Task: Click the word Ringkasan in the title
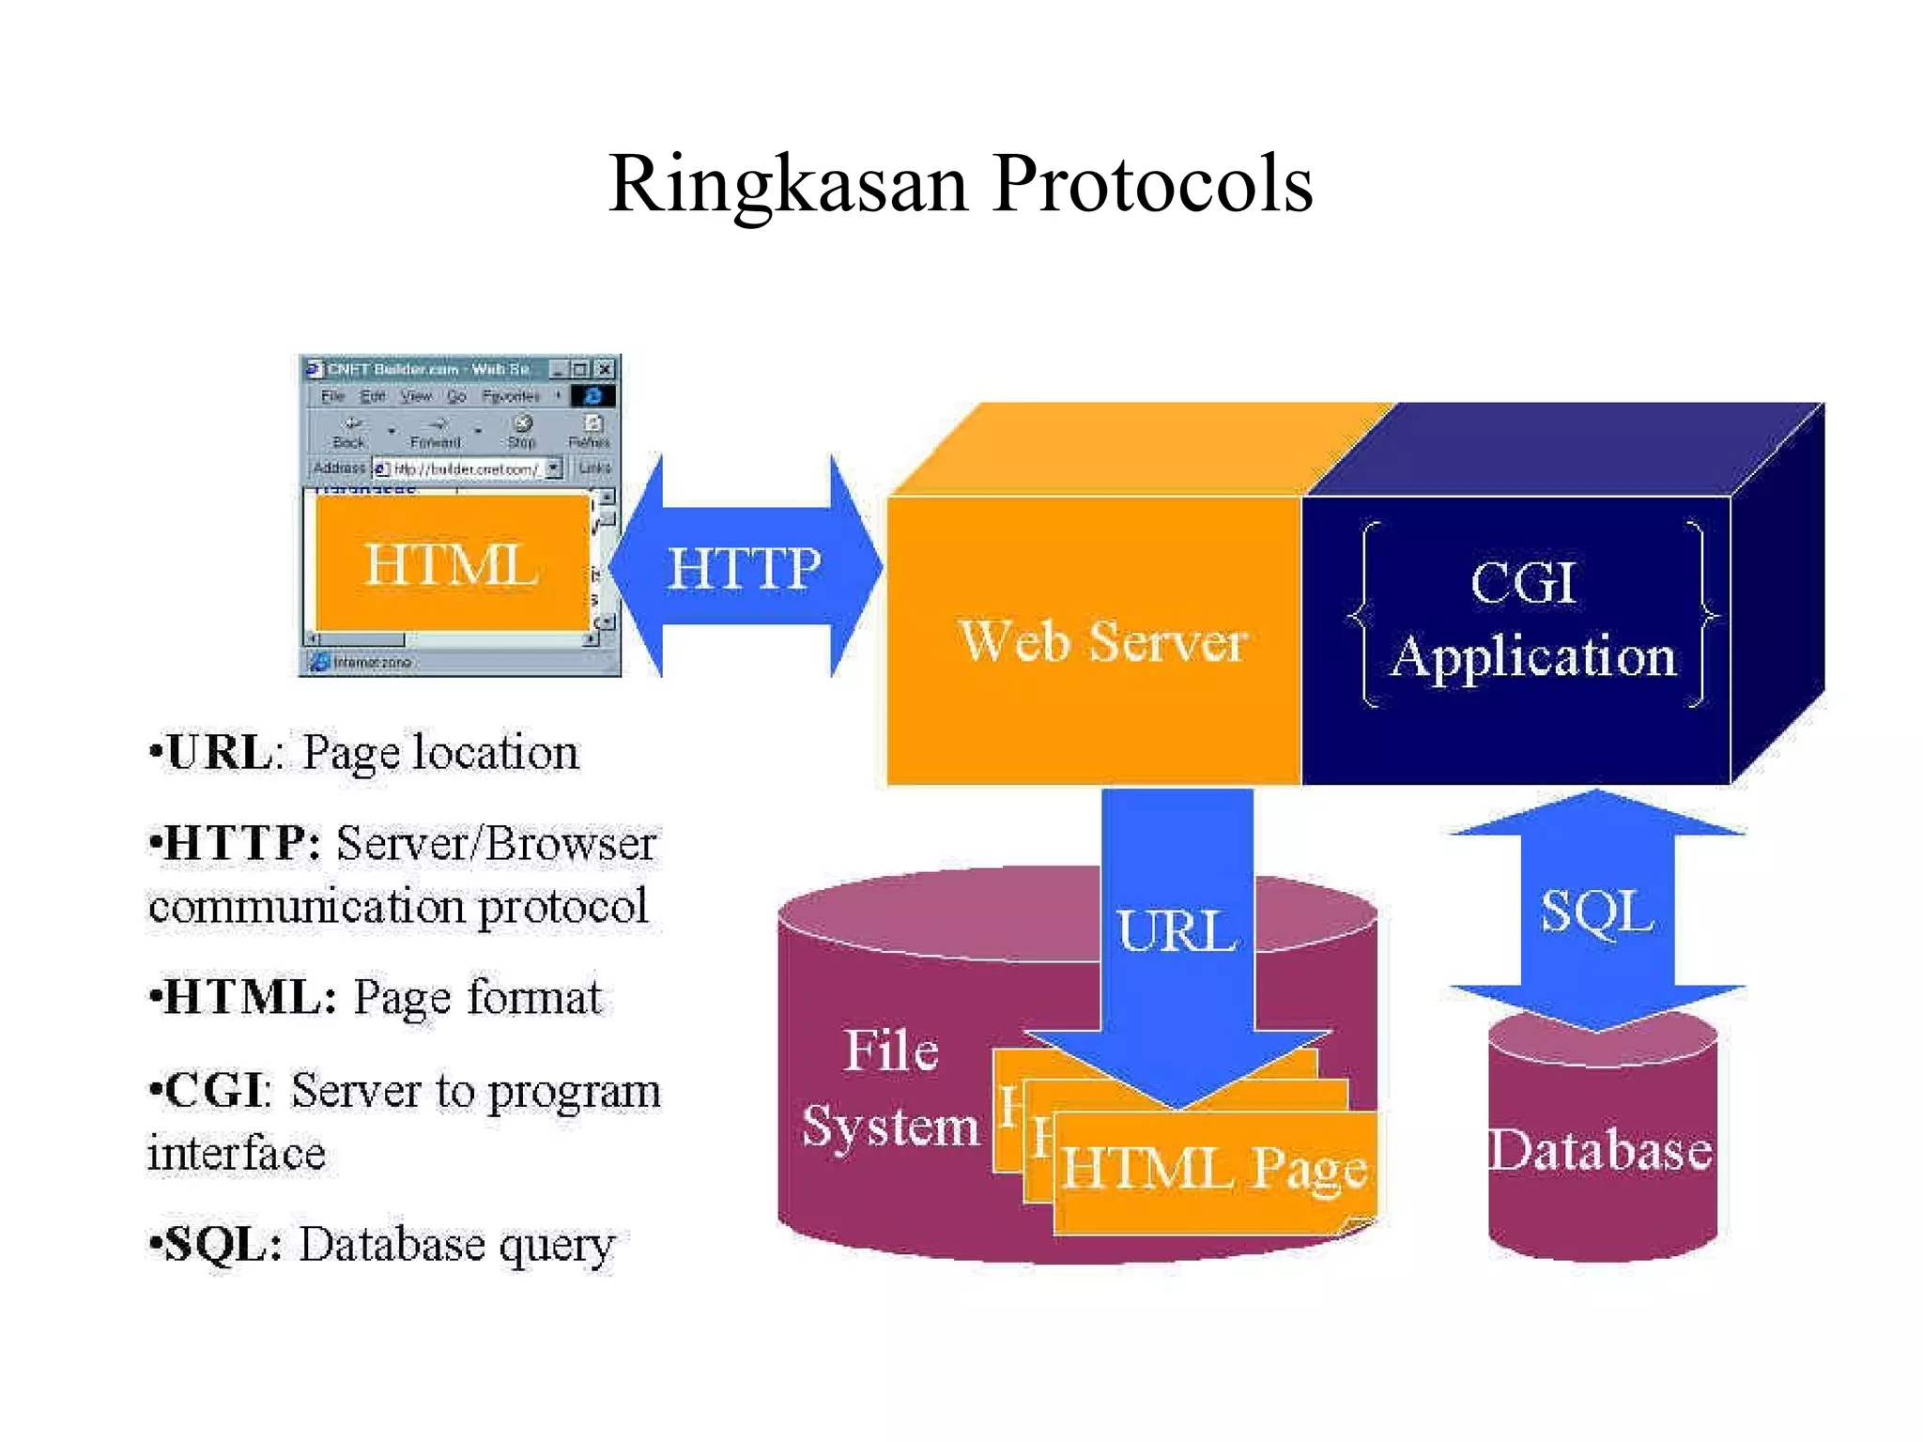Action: coord(787,185)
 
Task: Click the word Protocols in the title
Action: coord(1152,185)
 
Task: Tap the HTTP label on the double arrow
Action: coord(744,569)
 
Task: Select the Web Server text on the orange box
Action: coord(1101,642)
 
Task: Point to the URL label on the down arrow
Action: coord(1177,931)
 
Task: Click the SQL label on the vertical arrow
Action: coord(1596,911)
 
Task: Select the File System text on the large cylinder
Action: coord(890,1089)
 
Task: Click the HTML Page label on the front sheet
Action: coord(1213,1170)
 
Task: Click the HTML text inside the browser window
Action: coord(451,565)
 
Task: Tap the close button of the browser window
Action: coord(606,369)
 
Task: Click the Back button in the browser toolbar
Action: coord(348,432)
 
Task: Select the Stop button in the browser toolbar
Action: coord(522,432)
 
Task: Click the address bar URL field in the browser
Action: coord(464,468)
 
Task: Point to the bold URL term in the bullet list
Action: coord(219,753)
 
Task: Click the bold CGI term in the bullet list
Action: coord(213,1091)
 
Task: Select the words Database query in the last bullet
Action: coord(456,1245)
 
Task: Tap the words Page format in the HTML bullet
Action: coord(477,997)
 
